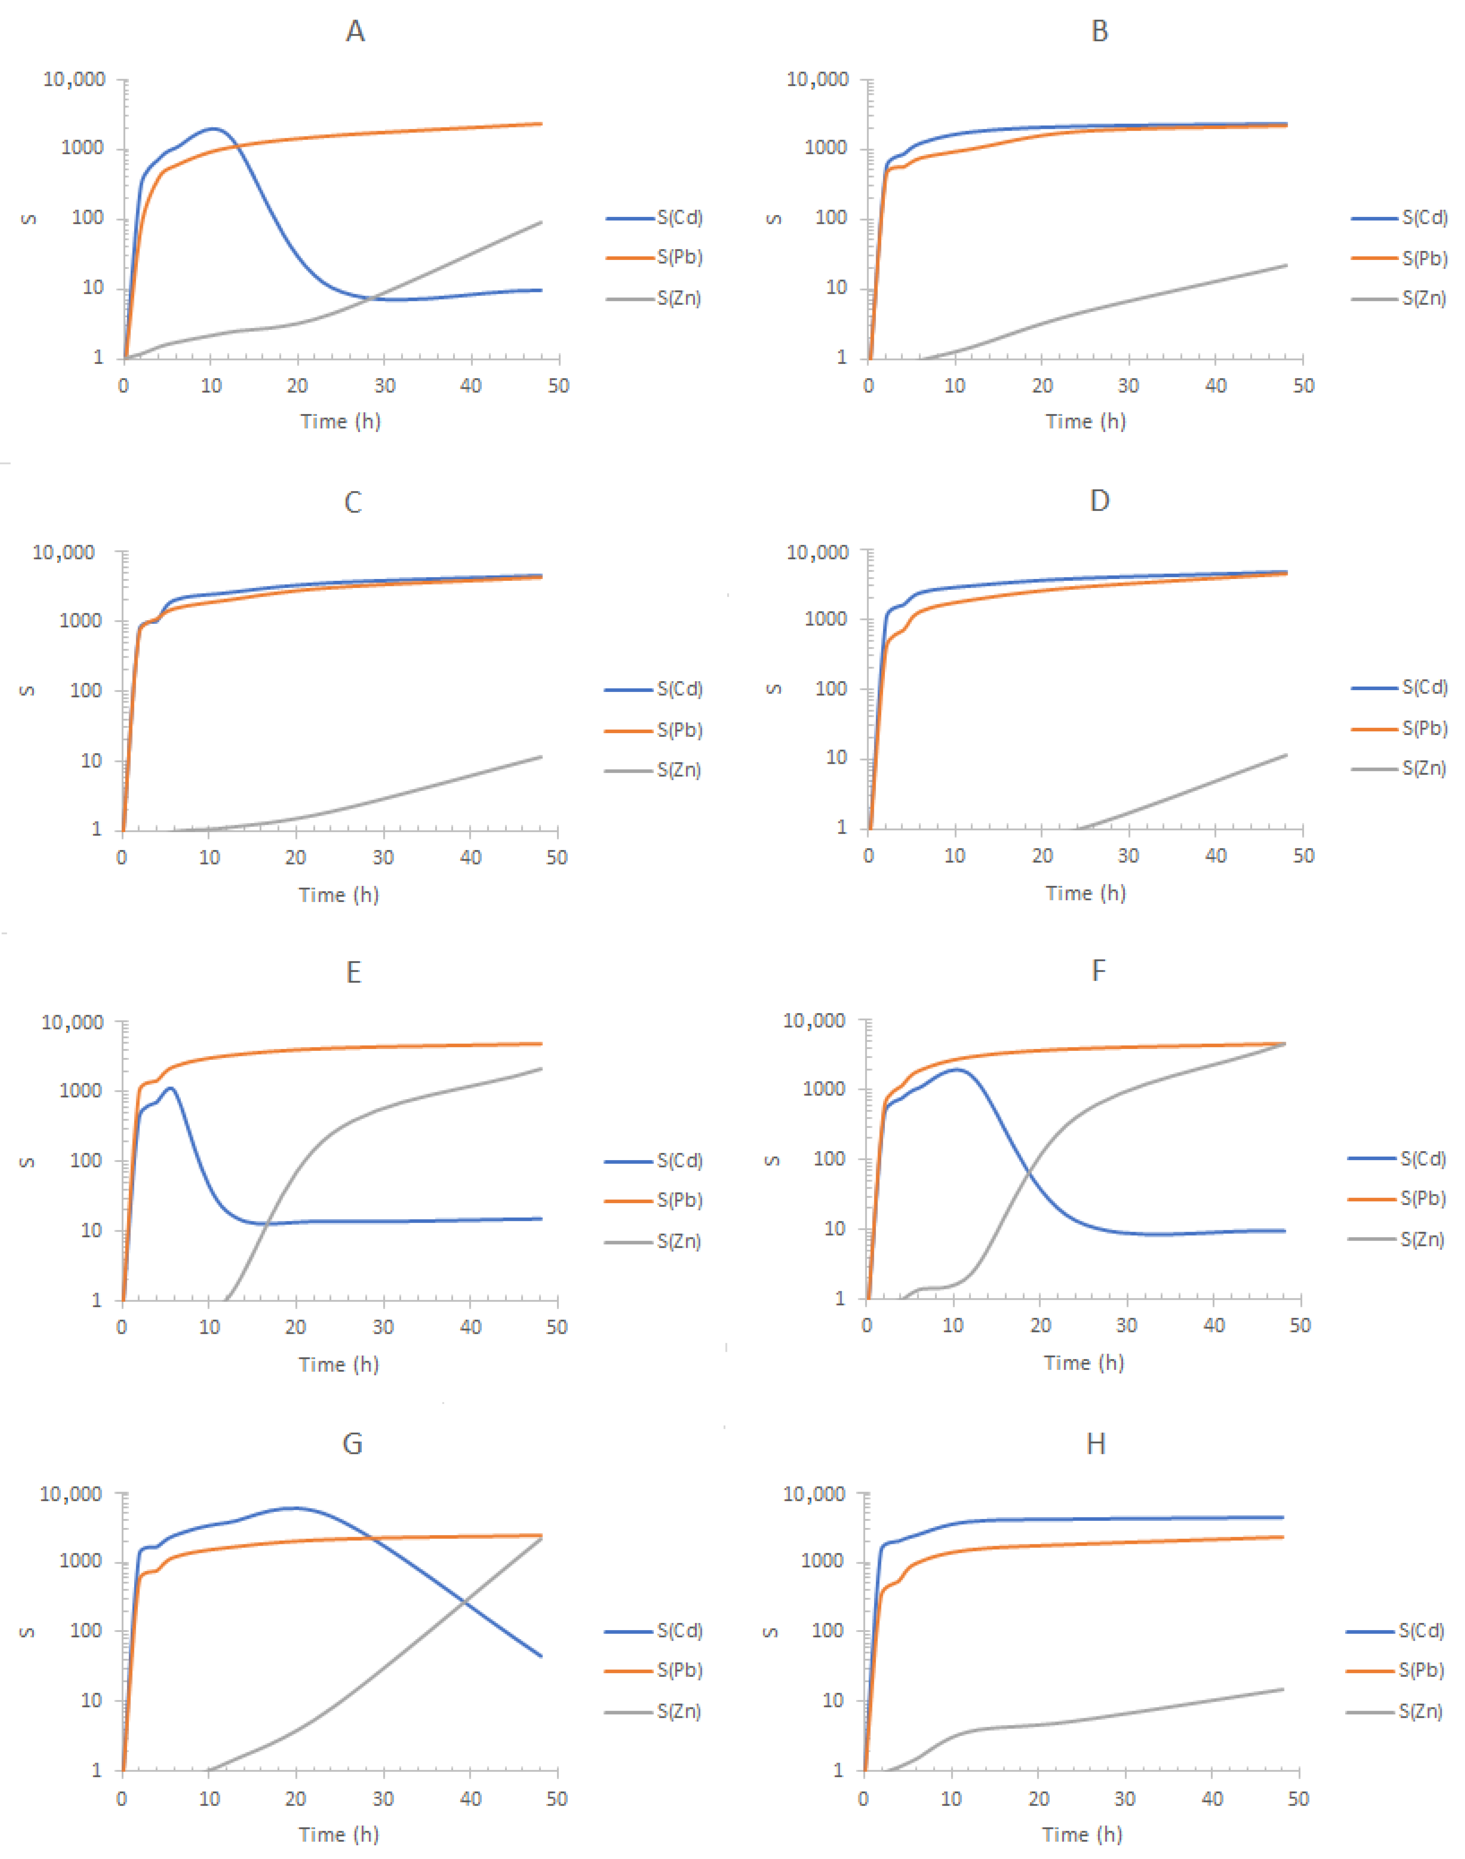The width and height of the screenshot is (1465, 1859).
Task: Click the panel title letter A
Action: click(355, 32)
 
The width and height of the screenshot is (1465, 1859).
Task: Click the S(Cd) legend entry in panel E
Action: click(679, 1161)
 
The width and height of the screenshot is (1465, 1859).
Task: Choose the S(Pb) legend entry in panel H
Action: click(1420, 1670)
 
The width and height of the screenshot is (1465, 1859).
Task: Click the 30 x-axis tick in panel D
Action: click(1129, 856)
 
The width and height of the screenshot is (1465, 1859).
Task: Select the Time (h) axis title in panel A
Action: click(340, 421)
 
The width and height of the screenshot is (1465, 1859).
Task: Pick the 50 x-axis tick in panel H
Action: click(1299, 1799)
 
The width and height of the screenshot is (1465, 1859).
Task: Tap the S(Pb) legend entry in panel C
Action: click(679, 730)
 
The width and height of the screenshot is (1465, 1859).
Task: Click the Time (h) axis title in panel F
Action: click(1084, 1363)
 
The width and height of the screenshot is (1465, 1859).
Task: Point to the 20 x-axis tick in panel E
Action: click(296, 1327)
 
